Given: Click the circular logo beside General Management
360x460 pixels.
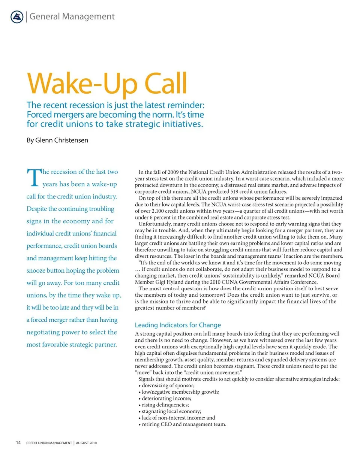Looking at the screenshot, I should click(x=17, y=17).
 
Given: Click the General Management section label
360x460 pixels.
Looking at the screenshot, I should click(x=72, y=16).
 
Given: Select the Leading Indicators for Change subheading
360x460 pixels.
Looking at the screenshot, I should click(x=178, y=325).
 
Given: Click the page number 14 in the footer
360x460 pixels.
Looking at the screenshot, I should click(x=18, y=443).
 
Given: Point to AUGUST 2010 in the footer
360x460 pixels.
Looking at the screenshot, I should click(x=87, y=443).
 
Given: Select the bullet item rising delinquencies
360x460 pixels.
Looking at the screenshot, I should click(x=165, y=405).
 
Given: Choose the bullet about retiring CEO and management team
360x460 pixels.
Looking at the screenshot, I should click(x=184, y=424).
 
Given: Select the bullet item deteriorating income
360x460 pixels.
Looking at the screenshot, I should click(x=166, y=398).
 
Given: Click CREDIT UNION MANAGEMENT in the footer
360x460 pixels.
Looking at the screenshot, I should click(x=49, y=443).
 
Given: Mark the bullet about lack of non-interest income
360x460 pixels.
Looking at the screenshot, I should click(x=178, y=417).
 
